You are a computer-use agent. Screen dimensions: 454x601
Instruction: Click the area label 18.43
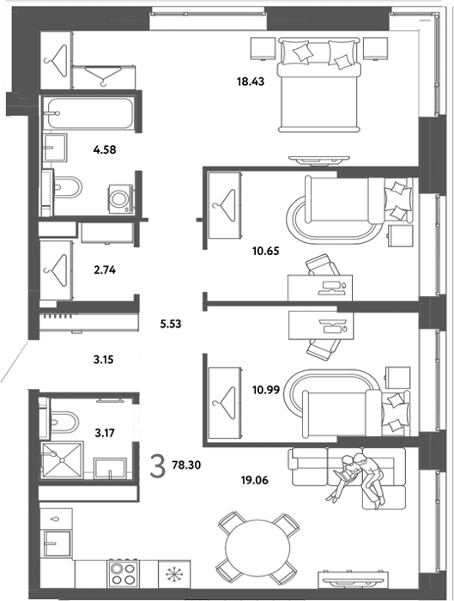pos(251,82)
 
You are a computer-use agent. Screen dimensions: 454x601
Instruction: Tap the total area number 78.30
pos(186,465)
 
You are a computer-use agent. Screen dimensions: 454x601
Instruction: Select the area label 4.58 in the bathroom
pos(105,149)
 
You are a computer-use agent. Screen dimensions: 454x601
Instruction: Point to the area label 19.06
pos(254,480)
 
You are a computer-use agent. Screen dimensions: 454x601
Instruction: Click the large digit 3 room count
pos(157,465)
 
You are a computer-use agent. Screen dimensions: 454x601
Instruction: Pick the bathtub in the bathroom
pos(88,113)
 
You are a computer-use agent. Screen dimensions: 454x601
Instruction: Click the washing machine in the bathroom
pos(121,199)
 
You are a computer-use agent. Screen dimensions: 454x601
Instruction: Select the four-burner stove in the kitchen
pos(123,574)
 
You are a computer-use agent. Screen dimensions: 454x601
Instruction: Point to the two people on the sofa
pos(356,480)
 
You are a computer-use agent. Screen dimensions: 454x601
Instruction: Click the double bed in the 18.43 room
pos(319,84)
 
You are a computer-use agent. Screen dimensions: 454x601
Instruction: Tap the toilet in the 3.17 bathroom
pos(64,422)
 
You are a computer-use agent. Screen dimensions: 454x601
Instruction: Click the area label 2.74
pos(105,270)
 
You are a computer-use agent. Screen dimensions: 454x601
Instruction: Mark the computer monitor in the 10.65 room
pos(330,288)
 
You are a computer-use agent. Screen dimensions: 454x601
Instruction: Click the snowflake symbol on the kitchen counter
pos(174,575)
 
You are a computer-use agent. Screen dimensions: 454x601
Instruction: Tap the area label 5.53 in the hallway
pos(171,324)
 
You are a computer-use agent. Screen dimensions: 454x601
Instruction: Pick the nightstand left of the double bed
pos(263,48)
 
